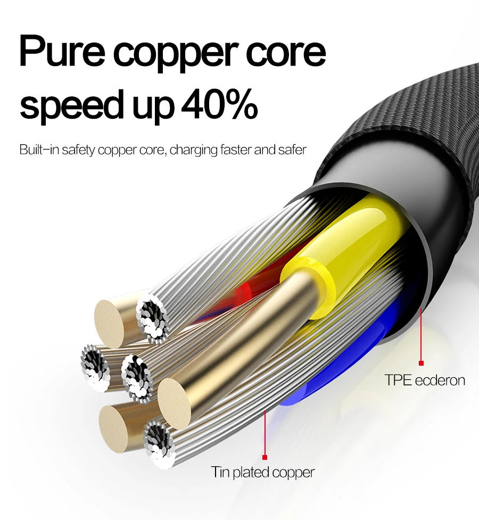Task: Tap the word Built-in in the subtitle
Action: click(x=39, y=150)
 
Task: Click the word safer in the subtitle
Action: click(x=292, y=150)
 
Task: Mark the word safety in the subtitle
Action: click(x=80, y=150)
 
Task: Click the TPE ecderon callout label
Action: click(x=425, y=380)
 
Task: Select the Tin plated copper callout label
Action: click(x=263, y=472)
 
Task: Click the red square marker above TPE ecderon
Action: click(x=421, y=363)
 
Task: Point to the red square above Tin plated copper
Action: click(x=265, y=456)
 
